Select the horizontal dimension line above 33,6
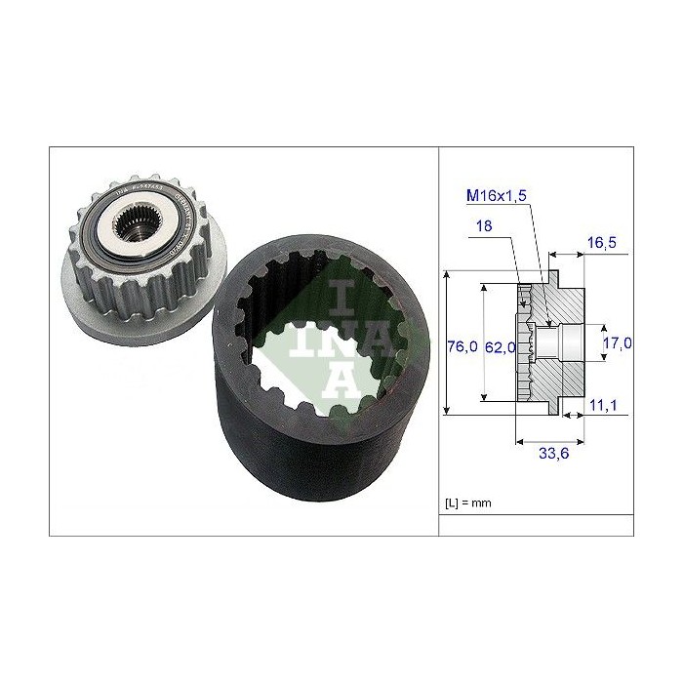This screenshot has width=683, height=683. pyautogui.click(x=548, y=436)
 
